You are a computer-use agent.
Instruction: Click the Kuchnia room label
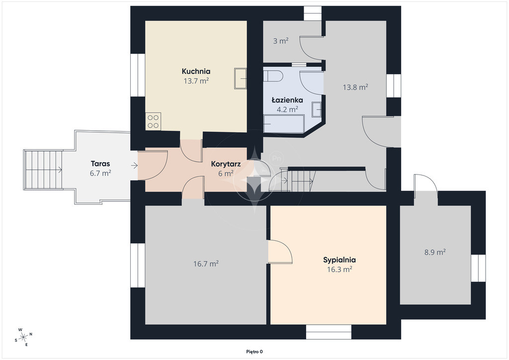[196, 71]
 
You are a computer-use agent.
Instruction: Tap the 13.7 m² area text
[196, 81]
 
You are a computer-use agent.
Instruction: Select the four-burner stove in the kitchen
[153, 121]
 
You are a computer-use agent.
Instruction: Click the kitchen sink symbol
[240, 78]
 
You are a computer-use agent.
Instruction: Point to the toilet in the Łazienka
[273, 76]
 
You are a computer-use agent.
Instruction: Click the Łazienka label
[287, 100]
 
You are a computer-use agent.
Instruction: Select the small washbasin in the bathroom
[317, 109]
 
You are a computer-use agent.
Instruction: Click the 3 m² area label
[281, 41]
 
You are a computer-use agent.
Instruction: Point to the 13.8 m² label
[355, 87]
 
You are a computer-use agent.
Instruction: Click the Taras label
[100, 164]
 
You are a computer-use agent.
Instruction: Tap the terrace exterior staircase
[44, 170]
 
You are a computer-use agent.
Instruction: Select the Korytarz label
[226, 164]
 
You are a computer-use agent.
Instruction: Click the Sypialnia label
[339, 260]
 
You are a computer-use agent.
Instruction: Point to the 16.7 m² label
[206, 264]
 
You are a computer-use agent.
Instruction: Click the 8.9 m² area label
[435, 252]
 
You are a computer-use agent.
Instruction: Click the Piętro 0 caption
[254, 352]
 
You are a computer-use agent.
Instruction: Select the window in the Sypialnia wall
[329, 332]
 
